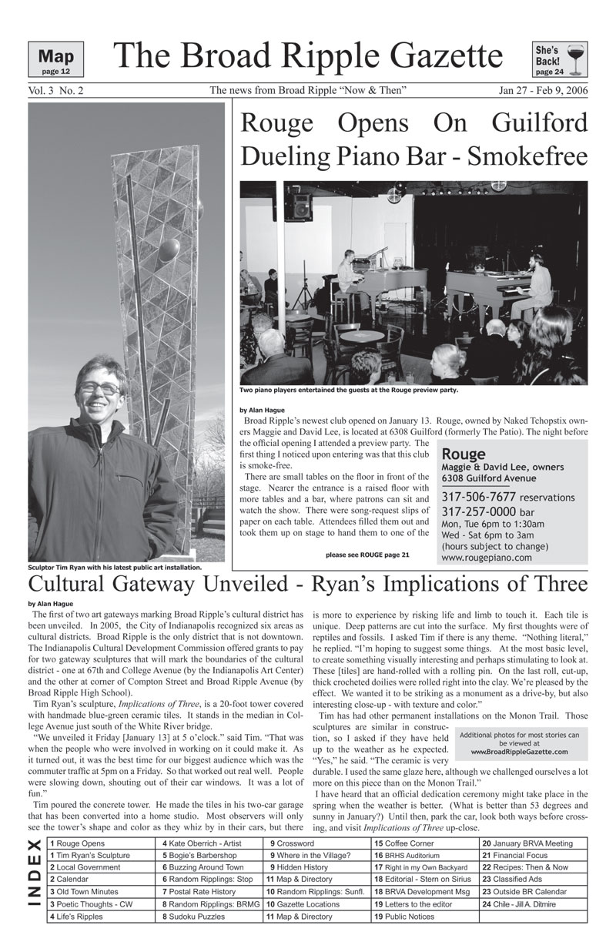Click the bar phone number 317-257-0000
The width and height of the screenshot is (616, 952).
(478, 512)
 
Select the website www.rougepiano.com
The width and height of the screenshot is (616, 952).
(487, 558)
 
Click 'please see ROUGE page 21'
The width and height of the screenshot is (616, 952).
(368, 554)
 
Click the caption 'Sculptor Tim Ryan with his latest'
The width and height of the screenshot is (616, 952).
(115, 568)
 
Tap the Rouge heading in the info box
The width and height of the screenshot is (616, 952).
(464, 454)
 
